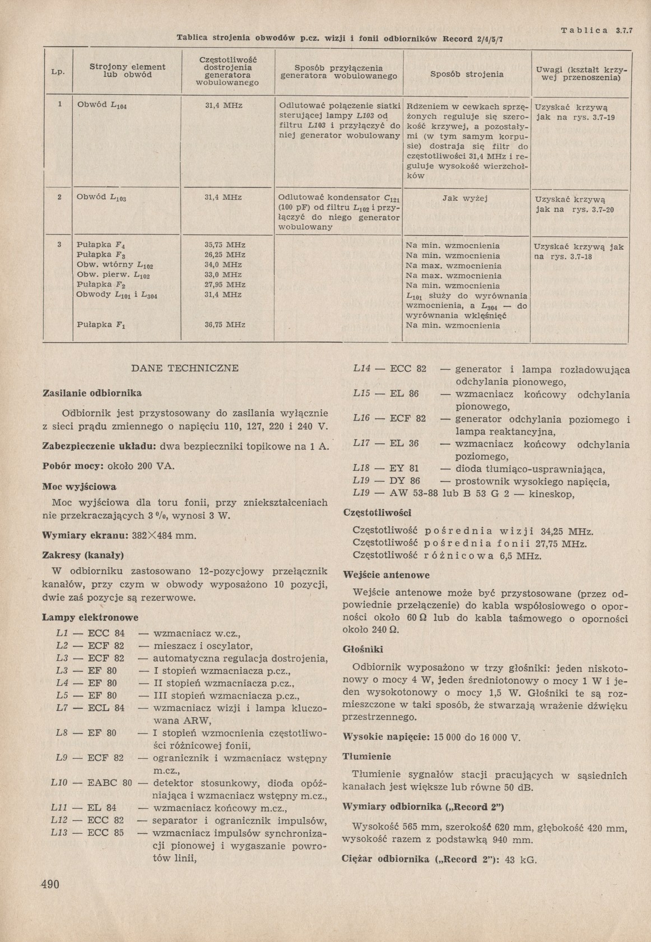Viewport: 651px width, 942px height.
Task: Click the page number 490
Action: coord(50,884)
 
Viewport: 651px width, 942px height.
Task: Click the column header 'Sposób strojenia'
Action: coord(467,74)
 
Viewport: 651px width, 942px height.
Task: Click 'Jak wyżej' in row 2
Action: coord(465,198)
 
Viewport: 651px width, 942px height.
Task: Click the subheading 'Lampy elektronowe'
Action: coord(90,617)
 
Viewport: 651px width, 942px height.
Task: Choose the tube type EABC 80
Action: coord(110,783)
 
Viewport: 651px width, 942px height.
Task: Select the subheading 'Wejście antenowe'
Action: coord(386,575)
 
